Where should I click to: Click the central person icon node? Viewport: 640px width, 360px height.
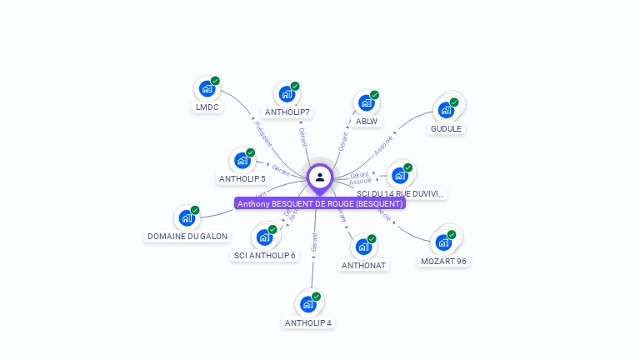point(320,177)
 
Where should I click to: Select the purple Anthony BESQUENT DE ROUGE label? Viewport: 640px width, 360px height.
point(320,203)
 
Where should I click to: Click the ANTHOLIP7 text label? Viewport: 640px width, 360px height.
point(287,112)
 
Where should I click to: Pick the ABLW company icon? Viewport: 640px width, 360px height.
point(366,102)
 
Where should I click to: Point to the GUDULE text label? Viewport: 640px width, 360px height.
point(446,129)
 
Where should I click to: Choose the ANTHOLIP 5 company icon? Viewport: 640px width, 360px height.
point(242,160)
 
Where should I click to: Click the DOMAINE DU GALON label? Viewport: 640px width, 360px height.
point(187,237)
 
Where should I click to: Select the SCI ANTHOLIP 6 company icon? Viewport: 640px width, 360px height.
point(264,237)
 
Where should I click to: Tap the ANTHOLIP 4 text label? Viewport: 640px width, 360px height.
point(308,323)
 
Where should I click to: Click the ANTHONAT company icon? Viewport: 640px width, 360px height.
point(363,247)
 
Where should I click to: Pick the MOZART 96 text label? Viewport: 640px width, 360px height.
point(443,262)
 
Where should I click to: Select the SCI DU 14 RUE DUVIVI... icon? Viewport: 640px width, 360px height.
point(400,175)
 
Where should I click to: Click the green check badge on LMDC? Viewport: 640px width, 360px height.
point(215,81)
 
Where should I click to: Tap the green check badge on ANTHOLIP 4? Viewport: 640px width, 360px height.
point(317,296)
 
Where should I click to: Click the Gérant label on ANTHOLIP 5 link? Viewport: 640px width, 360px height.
point(281,170)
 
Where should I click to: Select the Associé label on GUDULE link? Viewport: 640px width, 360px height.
point(383,146)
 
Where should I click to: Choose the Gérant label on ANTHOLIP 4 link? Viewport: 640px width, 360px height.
point(314,242)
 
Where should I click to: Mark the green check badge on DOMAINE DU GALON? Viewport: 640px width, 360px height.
point(195,210)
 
